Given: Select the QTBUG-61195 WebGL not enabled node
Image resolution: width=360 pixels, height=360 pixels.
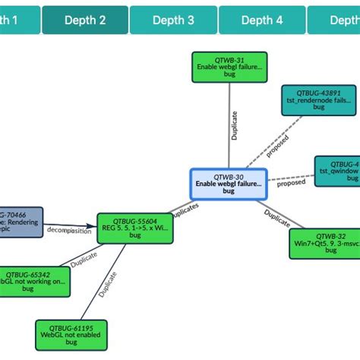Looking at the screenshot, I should point(71,335).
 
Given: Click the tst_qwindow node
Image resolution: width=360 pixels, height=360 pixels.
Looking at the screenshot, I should point(339,171).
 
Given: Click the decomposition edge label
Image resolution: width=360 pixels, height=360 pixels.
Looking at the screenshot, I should point(70,231).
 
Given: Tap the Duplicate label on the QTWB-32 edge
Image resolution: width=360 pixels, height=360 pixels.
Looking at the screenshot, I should point(276,218).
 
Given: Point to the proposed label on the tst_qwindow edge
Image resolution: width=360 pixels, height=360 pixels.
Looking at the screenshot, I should point(291,183).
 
